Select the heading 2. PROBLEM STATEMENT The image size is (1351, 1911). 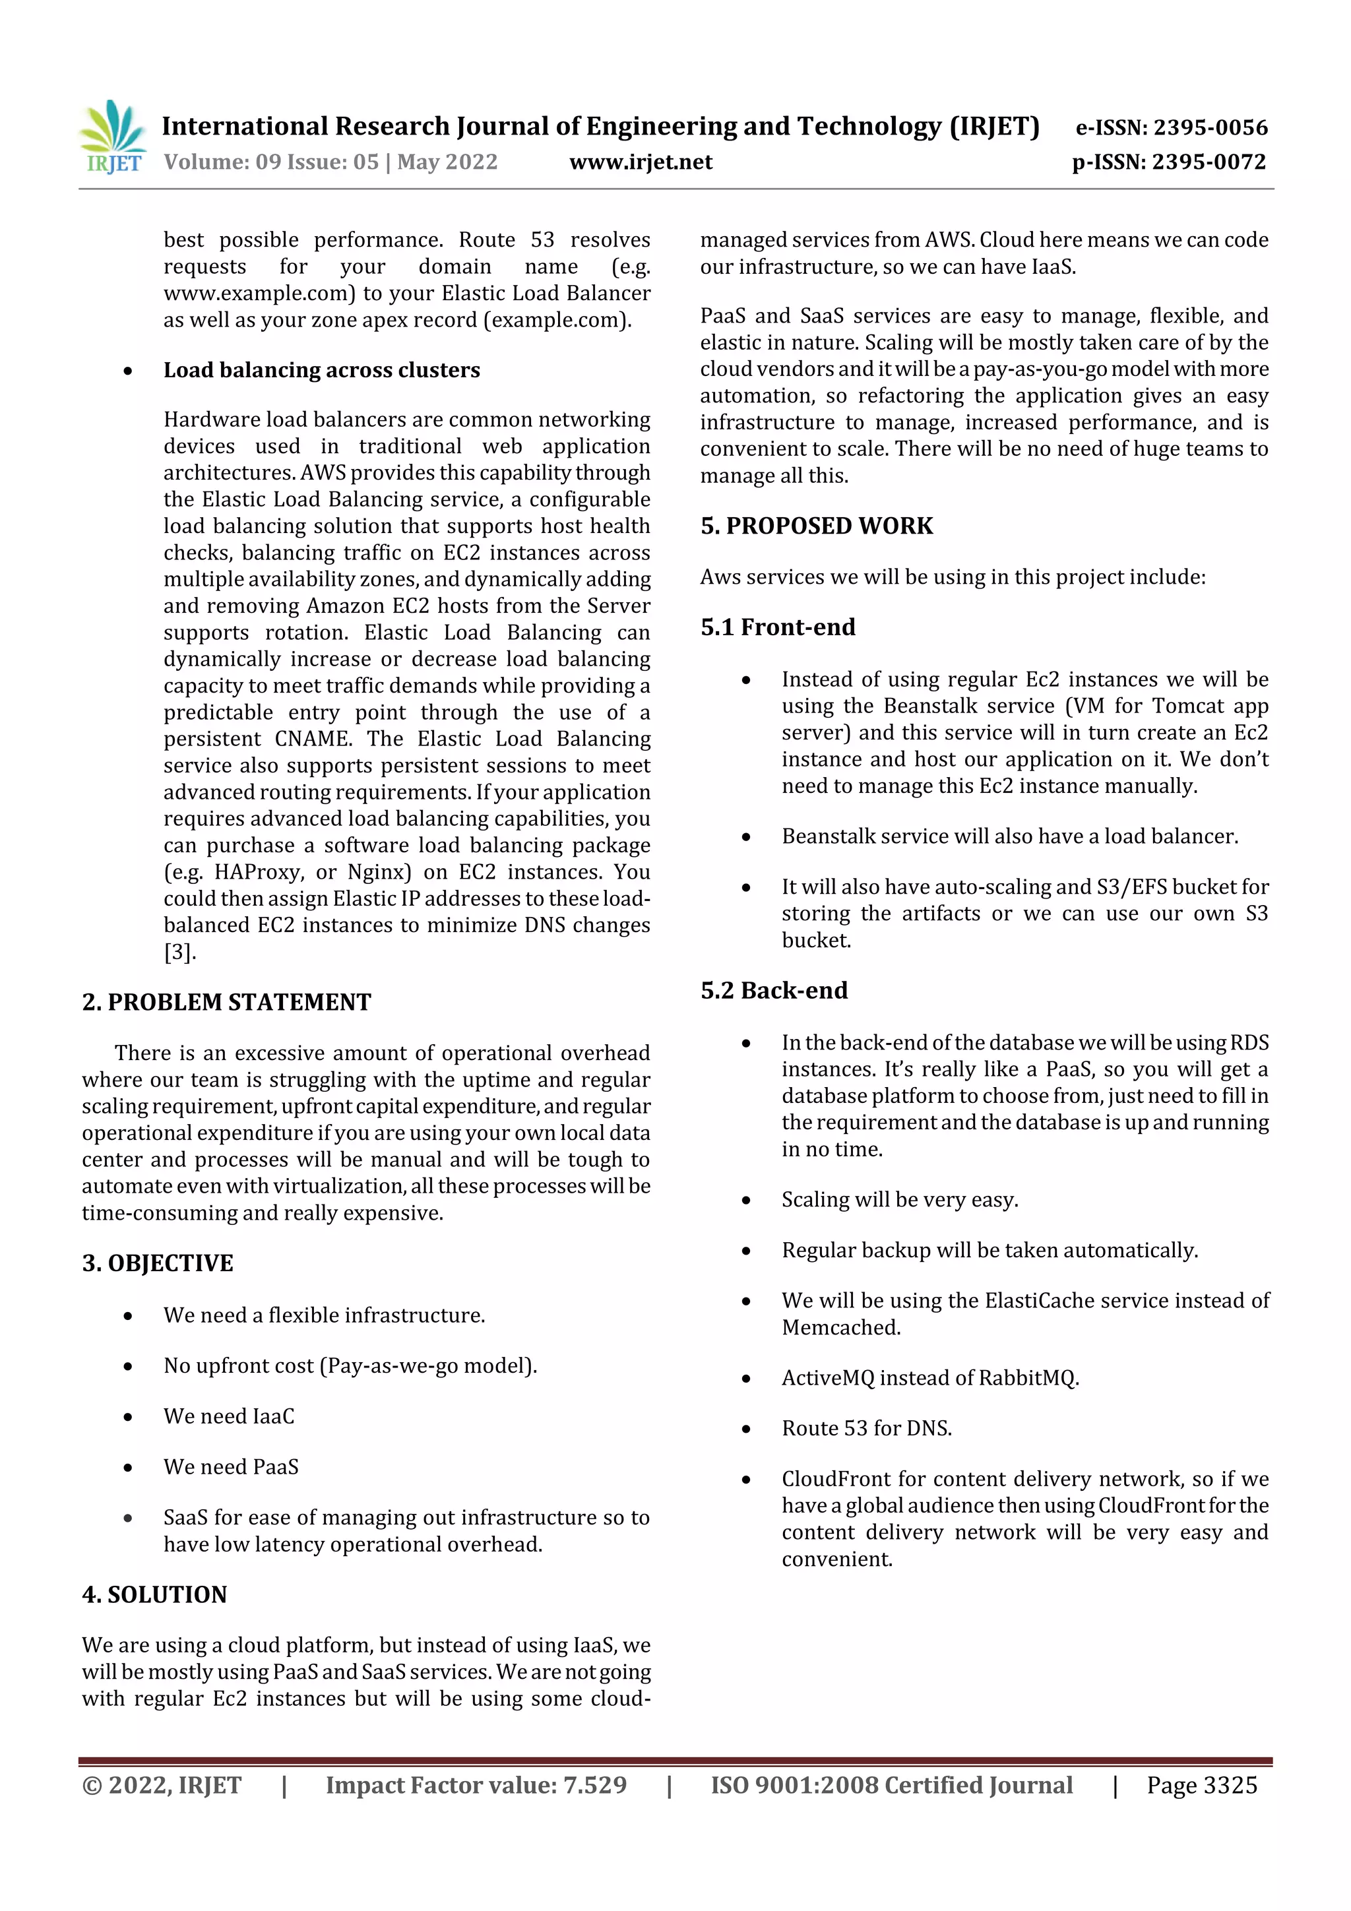coord(226,1002)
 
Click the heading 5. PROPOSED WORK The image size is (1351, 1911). coord(817,526)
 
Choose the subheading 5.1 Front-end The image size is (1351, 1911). coord(778,627)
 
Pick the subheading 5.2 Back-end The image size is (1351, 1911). coord(774,990)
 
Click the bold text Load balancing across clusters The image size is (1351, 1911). coord(321,370)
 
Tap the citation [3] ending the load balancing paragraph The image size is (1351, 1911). coord(179,952)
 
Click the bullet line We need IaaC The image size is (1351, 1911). coord(229,1417)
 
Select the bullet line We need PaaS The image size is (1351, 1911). coord(231,1467)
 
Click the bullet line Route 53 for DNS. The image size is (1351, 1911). coord(867,1429)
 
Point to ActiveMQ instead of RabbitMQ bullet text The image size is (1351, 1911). coord(929,1378)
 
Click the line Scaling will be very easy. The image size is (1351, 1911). coord(900,1200)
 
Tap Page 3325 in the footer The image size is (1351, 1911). coord(1201,1785)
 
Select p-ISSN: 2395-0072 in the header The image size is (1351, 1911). coord(1169,162)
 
